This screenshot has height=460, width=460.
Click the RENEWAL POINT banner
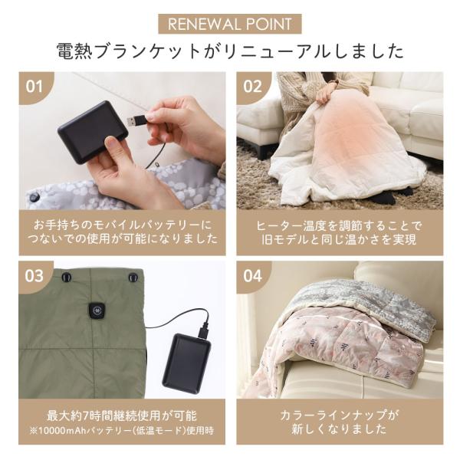(230, 24)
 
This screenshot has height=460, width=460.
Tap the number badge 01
(34, 86)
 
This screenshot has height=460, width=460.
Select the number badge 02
(252, 86)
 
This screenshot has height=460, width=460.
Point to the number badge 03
(34, 276)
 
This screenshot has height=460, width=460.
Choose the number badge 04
(252, 276)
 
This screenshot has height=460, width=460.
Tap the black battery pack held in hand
(94, 132)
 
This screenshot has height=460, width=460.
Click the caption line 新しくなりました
(340, 429)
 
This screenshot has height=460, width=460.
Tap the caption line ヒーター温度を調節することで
(340, 226)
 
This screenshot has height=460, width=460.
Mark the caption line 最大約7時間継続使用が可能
(121, 416)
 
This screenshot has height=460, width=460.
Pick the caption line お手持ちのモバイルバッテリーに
(123, 225)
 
